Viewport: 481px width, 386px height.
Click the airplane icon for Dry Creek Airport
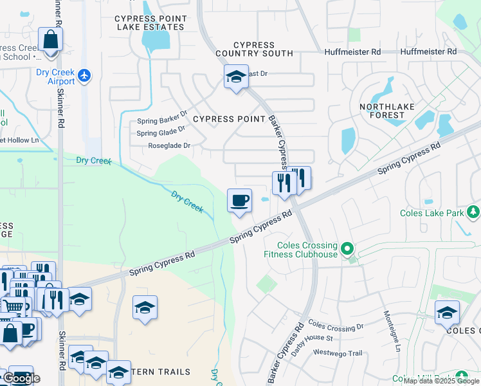click(84, 76)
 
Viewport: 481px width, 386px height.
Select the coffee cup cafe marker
click(239, 201)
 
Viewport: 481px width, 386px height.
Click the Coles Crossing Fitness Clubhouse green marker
click(347, 248)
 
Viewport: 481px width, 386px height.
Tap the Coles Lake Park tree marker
click(473, 211)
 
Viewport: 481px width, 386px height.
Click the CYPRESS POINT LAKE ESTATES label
click(150, 23)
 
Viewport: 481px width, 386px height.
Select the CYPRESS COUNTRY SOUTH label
click(254, 49)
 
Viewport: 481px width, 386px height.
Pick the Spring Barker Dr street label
click(162, 120)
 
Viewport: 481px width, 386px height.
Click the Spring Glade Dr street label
click(161, 133)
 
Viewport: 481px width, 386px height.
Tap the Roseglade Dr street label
click(169, 146)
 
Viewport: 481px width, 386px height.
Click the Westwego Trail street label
click(338, 353)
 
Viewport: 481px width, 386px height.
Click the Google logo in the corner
click(21, 378)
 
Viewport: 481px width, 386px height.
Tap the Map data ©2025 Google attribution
click(441, 381)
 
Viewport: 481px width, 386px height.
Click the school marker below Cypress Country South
click(236, 78)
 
